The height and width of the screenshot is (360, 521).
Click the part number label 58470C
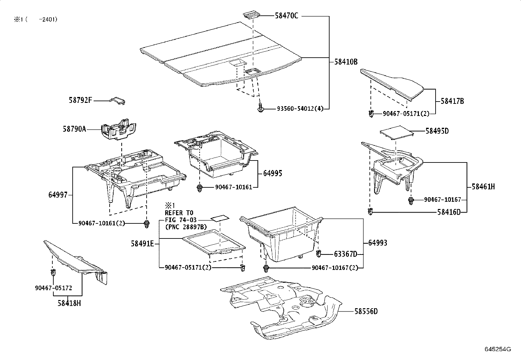[x=286, y=15]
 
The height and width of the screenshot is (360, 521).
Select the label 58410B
[x=346, y=62]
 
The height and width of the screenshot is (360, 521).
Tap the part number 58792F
[x=81, y=100]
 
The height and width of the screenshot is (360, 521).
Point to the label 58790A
[x=74, y=129]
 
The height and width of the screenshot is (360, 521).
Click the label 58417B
[x=452, y=101]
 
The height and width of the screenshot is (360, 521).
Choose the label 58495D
[x=437, y=131]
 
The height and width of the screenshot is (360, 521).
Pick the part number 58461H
[x=483, y=187]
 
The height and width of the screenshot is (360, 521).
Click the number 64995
[x=272, y=173]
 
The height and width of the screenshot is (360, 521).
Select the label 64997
[x=58, y=195]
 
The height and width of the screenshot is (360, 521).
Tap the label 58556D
[x=366, y=311]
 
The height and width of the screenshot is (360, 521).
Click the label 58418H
[x=69, y=303]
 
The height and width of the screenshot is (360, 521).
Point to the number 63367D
[x=345, y=254]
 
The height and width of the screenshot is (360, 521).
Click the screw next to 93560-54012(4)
[x=260, y=108]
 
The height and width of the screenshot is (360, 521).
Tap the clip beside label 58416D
[x=370, y=212]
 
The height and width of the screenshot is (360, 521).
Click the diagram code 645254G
[x=497, y=349]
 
